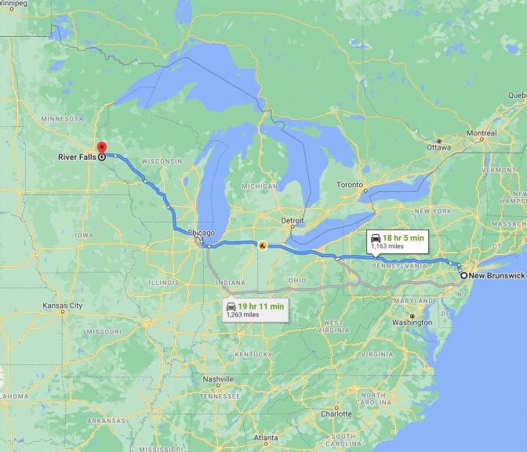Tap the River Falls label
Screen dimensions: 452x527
[77, 157]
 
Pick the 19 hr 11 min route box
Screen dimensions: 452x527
[255, 309]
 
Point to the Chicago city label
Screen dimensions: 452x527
[200, 233]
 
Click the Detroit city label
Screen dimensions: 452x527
[292, 221]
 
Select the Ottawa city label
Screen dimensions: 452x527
[439, 147]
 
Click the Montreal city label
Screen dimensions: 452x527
[481, 133]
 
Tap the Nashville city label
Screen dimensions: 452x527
[219, 379]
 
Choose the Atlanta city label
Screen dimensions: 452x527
[266, 437]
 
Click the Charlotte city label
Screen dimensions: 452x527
[336, 414]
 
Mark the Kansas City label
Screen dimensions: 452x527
[63, 305]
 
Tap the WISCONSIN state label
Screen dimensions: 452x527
[162, 161]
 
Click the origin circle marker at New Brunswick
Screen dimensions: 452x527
[463, 276]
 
